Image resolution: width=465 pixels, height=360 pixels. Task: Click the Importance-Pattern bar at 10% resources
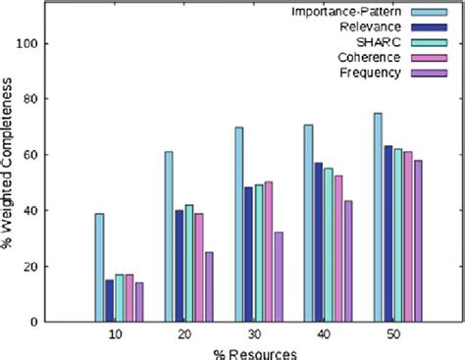click(x=99, y=267)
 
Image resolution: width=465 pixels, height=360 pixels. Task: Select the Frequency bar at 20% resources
click(x=209, y=286)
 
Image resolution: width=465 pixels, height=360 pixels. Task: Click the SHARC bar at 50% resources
click(x=398, y=234)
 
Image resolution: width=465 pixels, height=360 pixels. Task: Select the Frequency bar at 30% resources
click(x=279, y=277)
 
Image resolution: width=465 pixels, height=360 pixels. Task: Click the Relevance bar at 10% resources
click(x=109, y=300)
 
